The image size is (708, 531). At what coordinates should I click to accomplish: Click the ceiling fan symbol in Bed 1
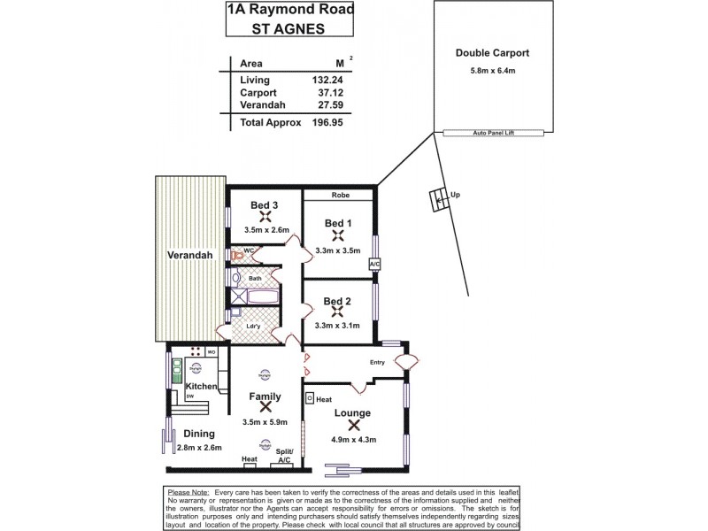pyautogui.click(x=337, y=235)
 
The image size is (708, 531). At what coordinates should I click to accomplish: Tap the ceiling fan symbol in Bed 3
pyautogui.click(x=264, y=219)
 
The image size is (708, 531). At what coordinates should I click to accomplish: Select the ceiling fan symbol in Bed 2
pyautogui.click(x=337, y=312)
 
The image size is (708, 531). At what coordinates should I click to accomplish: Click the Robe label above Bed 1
pyautogui.click(x=342, y=195)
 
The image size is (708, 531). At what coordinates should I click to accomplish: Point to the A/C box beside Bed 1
pyautogui.click(x=374, y=264)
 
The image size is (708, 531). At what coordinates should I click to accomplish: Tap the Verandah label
pyautogui.click(x=188, y=256)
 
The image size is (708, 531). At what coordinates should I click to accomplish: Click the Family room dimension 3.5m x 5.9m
pyautogui.click(x=265, y=422)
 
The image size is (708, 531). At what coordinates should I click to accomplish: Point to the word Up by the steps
pyautogui.click(x=455, y=194)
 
